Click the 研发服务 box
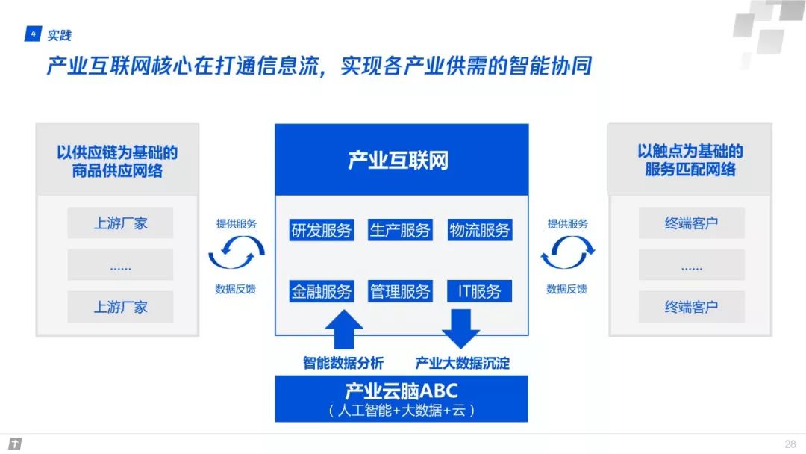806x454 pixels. [321, 231]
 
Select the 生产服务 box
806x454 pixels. [401, 231]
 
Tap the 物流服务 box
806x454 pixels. [480, 231]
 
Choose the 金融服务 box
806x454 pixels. [321, 291]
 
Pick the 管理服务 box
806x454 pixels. [401, 291]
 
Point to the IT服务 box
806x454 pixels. [480, 291]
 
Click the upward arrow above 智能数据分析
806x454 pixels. [343, 329]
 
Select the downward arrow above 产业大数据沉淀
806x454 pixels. [460, 329]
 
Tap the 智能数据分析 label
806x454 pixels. [343, 364]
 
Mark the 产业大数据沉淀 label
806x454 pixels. [463, 364]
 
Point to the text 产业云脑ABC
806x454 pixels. [401, 391]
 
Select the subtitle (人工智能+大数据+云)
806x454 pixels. [401, 410]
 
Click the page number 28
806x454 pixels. [790, 444]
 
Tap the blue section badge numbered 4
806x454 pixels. [33, 34]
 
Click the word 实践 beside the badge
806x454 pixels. [60, 35]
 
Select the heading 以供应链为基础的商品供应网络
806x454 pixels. [118, 161]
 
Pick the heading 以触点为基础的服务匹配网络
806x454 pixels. [690, 160]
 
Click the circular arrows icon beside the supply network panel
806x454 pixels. [236, 253]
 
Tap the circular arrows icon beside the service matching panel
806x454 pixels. [567, 253]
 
